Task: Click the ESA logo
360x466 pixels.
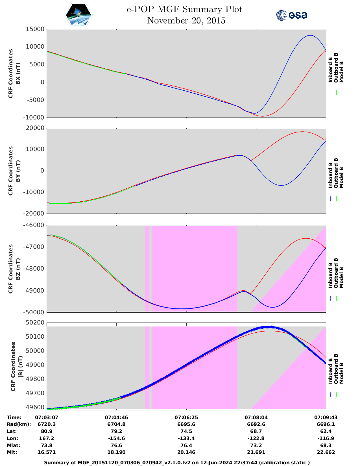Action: coord(292,15)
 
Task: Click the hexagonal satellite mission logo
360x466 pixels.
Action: coord(78,15)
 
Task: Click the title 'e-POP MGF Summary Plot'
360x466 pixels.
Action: coord(184,9)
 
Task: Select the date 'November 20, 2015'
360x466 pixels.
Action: coord(186,21)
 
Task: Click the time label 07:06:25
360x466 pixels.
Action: coord(186,417)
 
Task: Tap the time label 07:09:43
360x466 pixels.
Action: coord(326,417)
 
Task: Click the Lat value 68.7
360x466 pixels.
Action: coord(256,431)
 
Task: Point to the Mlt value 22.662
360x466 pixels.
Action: coord(326,452)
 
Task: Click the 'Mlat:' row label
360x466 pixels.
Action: coord(13,445)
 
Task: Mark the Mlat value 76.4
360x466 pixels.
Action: coord(186,445)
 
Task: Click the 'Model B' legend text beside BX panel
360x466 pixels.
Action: coord(341,72)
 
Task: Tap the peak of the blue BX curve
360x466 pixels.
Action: coord(310,35)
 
